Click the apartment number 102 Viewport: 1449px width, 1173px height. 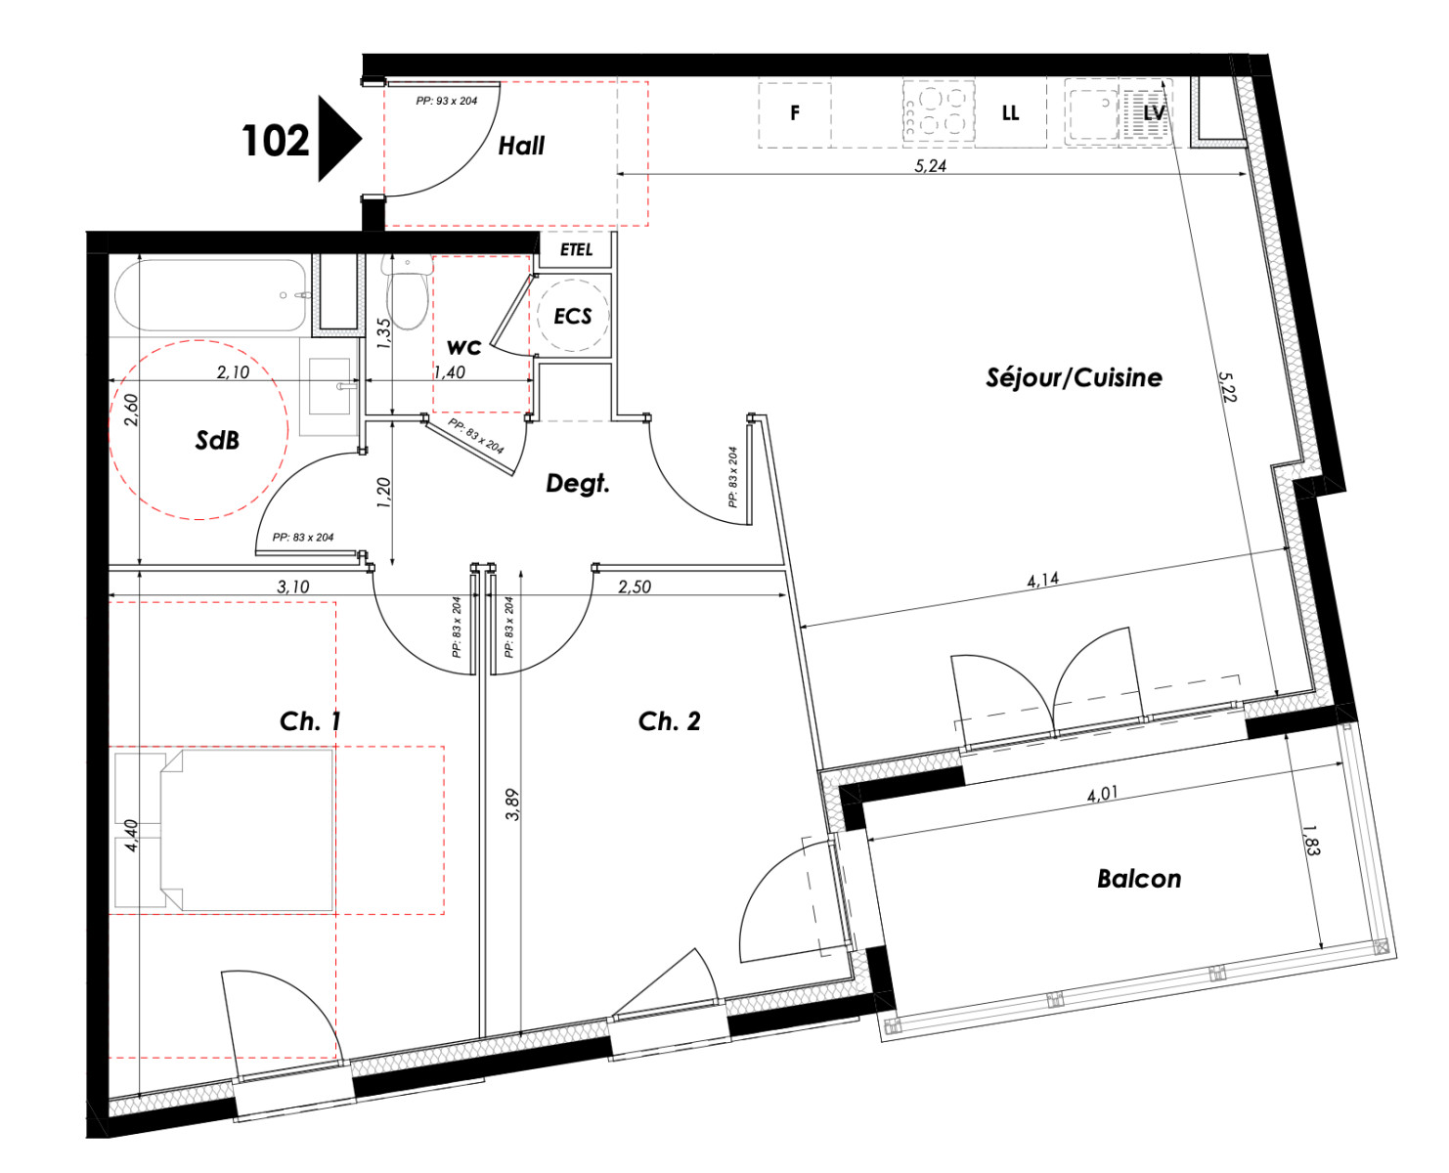click(275, 141)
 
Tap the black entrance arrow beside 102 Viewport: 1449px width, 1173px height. click(338, 139)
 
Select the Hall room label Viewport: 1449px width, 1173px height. click(520, 146)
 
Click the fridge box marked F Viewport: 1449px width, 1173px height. click(794, 114)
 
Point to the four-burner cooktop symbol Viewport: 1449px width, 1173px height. click(938, 112)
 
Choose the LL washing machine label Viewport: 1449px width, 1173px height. click(1010, 112)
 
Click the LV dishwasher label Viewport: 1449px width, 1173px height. click(1154, 112)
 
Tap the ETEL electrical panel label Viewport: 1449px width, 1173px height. click(576, 249)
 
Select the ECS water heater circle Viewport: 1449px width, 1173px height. click(573, 316)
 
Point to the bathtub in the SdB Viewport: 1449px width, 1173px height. click(210, 295)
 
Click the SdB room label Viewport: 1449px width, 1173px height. click(217, 440)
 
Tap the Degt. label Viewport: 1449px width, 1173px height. click(578, 484)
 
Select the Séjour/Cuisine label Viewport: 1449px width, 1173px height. click(1074, 376)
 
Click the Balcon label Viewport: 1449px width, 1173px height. click(1139, 879)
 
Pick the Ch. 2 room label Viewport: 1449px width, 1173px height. click(669, 720)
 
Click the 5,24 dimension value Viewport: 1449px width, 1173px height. click(930, 166)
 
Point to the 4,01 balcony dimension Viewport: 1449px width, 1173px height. click(1102, 795)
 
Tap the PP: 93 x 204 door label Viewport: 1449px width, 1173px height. click(446, 101)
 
